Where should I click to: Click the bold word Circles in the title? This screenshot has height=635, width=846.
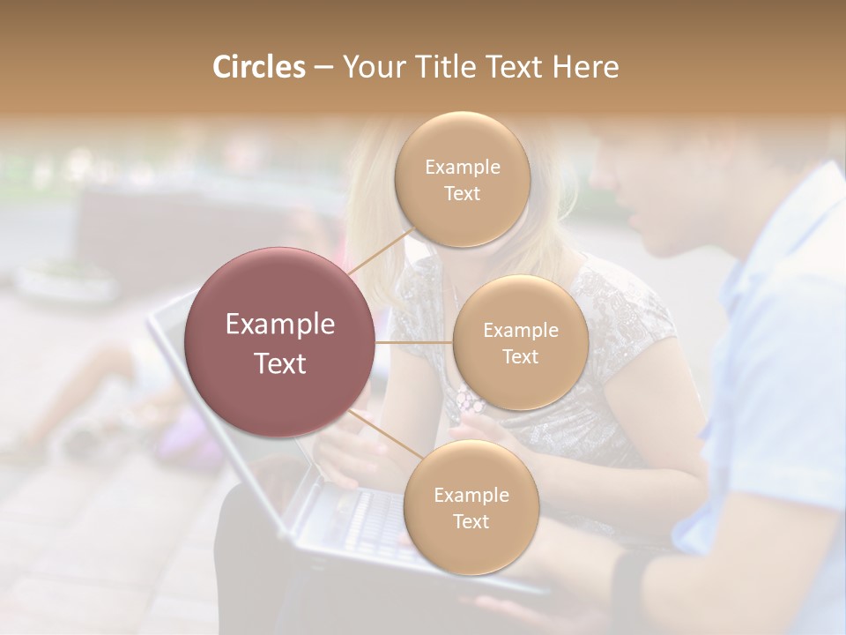(258, 67)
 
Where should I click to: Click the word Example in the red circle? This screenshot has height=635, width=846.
(280, 325)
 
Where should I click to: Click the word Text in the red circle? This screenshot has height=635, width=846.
(280, 363)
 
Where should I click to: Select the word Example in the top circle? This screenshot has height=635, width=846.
(463, 168)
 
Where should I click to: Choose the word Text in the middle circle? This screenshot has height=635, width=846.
(520, 357)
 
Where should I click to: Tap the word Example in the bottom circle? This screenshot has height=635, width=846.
(471, 496)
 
